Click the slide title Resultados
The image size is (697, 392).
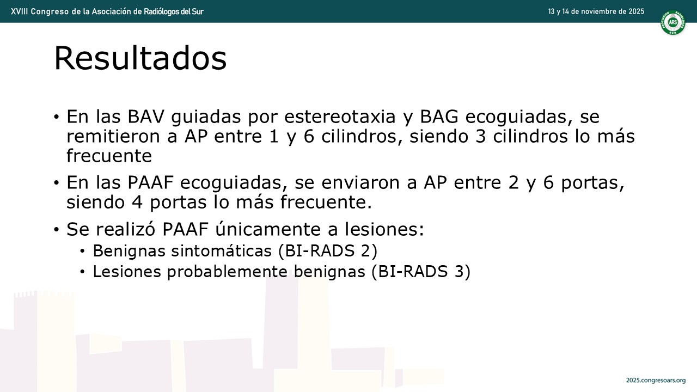point(140,58)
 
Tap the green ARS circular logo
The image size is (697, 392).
point(673,22)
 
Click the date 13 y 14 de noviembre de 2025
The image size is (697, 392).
point(596,11)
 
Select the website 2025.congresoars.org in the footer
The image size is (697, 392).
point(656,380)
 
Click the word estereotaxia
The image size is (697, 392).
point(340,117)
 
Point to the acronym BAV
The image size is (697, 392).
point(146,117)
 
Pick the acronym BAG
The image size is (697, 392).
point(439,117)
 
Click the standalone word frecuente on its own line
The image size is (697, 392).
point(109,156)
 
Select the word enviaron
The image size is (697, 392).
point(360,182)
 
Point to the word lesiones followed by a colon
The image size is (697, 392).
point(384,229)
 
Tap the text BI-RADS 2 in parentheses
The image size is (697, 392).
point(328,251)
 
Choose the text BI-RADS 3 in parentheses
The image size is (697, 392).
point(421,272)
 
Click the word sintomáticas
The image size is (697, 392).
point(222,251)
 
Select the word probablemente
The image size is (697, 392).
point(227,272)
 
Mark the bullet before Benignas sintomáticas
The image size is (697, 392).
point(82,251)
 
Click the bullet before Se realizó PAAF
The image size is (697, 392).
point(56,230)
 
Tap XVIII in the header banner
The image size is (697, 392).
point(19,11)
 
